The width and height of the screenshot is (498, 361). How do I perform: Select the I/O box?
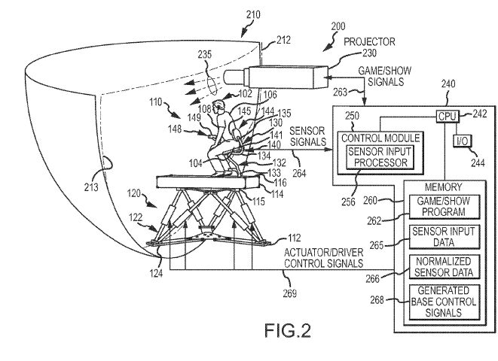460,141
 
